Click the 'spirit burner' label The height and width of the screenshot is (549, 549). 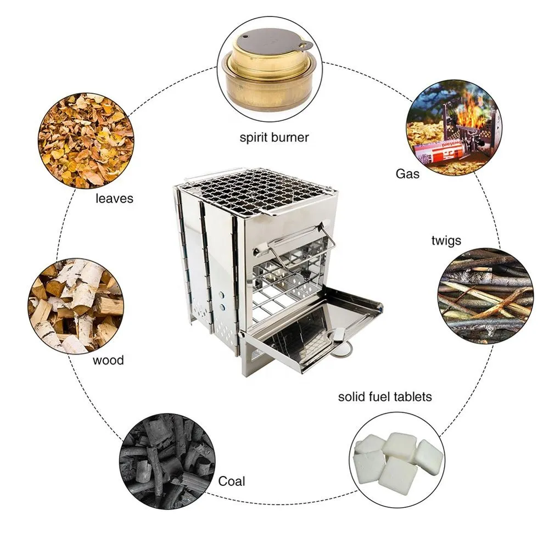point(274,137)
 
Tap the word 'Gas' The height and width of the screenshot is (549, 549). point(407,174)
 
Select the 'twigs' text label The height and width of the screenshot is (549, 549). point(446,240)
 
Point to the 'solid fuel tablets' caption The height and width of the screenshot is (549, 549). point(385,396)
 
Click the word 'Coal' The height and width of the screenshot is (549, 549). point(232,481)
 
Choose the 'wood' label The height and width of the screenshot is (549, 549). point(108,360)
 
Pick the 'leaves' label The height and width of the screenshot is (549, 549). point(114,198)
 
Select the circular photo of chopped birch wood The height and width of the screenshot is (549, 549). point(76,305)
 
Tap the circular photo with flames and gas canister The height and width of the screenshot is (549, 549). point(453,127)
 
